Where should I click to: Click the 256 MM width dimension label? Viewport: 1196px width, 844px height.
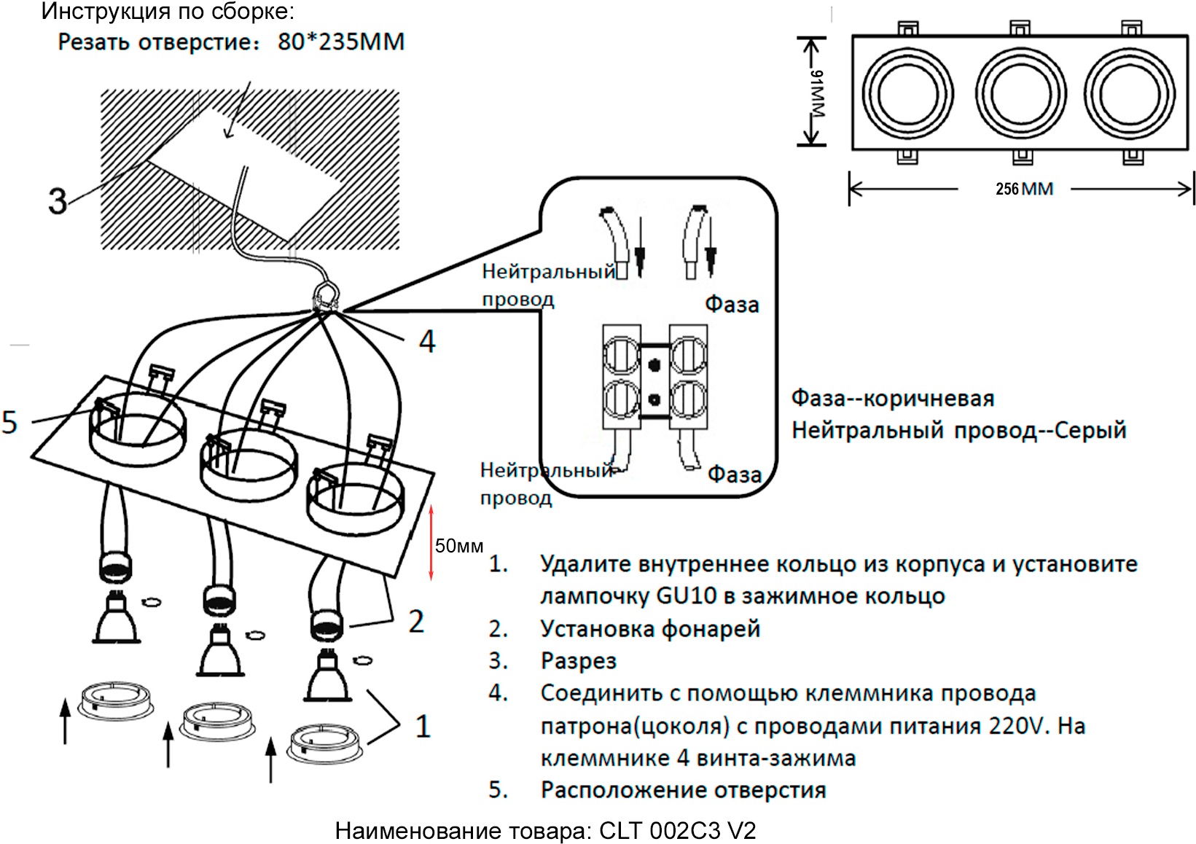(1024, 189)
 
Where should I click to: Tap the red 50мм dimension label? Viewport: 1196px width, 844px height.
(458, 546)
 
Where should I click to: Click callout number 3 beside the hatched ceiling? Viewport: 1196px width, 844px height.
(57, 200)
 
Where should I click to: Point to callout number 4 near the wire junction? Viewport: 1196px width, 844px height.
(427, 341)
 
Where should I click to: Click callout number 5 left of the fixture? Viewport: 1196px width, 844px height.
(9, 422)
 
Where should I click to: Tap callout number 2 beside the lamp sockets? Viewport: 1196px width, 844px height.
(415, 622)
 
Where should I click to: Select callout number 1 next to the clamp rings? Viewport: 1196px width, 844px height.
(423, 726)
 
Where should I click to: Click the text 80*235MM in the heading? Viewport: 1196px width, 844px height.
(340, 42)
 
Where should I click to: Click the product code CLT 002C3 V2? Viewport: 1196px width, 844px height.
(677, 830)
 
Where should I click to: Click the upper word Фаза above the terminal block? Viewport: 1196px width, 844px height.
(732, 305)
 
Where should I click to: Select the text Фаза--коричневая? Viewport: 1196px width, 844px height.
(892, 399)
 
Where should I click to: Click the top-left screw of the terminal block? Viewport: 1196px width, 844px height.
(621, 356)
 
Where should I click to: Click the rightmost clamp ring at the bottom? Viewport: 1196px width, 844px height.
(325, 743)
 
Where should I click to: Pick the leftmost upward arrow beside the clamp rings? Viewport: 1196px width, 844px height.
(66, 720)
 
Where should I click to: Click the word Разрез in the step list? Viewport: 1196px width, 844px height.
(578, 661)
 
